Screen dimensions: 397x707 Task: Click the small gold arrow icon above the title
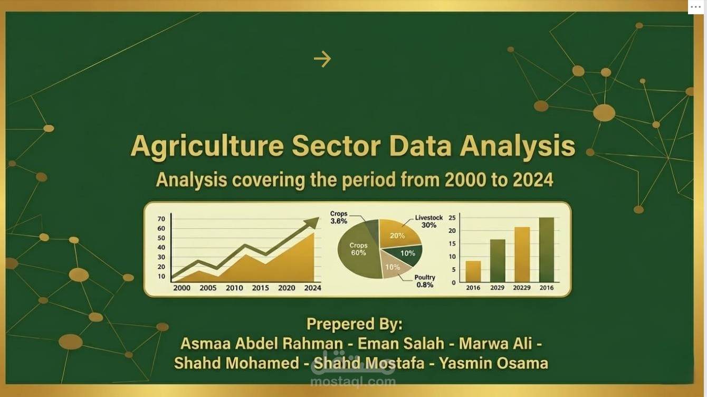[322, 59]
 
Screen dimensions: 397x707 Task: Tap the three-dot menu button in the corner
[695, 6]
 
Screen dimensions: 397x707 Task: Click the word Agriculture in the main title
[207, 146]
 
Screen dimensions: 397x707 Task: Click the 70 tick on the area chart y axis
[161, 219]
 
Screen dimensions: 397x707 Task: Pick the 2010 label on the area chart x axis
[234, 288]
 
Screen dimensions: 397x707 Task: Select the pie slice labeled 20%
[398, 235]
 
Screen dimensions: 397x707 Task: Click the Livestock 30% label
[428, 221]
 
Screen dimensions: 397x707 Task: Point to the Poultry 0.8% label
[425, 281]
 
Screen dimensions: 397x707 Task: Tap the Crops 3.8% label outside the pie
[339, 218]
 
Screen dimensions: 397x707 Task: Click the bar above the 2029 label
[498, 261]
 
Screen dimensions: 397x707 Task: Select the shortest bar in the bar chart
[473, 271]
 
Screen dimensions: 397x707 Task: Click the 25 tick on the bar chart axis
[452, 218]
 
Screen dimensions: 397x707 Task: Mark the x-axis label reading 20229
[522, 288]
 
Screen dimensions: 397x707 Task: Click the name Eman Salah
[401, 344]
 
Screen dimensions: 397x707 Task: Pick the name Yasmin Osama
[493, 363]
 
